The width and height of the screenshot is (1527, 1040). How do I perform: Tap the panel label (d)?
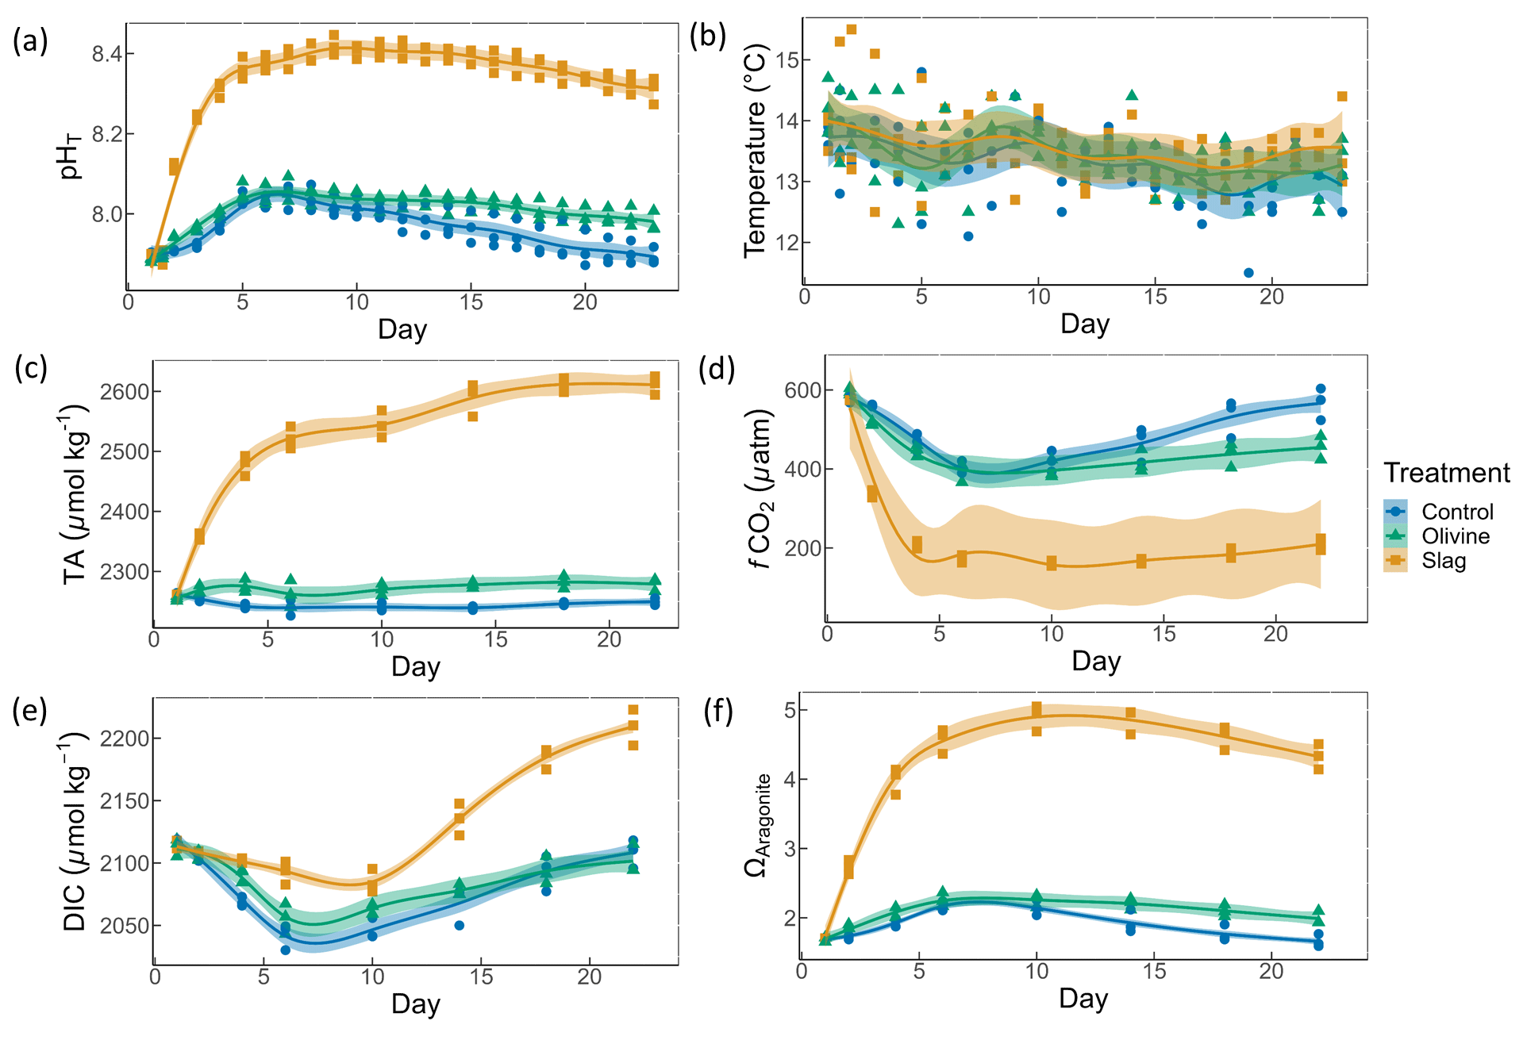tap(717, 369)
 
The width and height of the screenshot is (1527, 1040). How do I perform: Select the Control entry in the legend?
tap(1456, 512)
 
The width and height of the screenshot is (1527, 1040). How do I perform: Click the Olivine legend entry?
tap(1455, 536)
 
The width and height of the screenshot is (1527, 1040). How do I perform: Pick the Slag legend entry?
tap(1443, 561)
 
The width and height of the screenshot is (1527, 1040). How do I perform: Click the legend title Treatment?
tap(1446, 473)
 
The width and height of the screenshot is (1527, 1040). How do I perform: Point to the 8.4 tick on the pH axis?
tap(107, 54)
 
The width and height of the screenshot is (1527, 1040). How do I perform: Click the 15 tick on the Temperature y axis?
tap(785, 60)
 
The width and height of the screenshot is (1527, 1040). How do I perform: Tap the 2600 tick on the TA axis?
tap(125, 392)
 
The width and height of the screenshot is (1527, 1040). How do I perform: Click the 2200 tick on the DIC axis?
tap(125, 739)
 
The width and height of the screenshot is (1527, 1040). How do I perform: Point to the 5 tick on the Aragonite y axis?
tap(790, 710)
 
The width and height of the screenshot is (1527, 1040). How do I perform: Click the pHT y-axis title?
tap(71, 157)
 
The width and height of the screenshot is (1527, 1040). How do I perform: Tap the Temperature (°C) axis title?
tap(755, 151)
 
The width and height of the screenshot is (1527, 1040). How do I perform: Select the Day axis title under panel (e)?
tap(415, 1004)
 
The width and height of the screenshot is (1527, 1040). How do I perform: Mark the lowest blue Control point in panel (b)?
tap(1248, 273)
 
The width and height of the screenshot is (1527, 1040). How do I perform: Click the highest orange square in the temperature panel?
tap(852, 30)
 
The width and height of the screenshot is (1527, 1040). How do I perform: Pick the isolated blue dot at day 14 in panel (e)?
tap(459, 926)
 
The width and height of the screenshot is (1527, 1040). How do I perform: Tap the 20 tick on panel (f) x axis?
tap(1271, 972)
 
